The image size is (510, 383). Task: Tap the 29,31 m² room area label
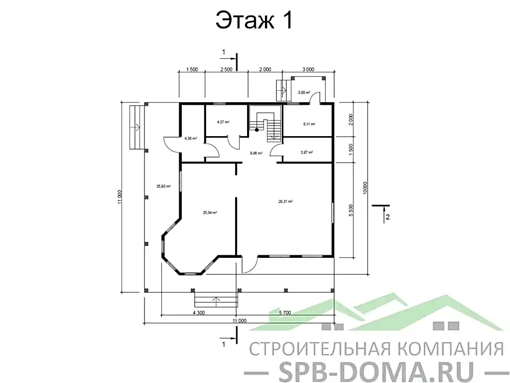(x=285, y=201)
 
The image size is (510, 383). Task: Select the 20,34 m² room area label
(x=210, y=212)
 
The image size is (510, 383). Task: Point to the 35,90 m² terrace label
(x=163, y=186)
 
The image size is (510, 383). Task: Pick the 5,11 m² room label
(x=309, y=124)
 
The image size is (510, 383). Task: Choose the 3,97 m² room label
(x=306, y=153)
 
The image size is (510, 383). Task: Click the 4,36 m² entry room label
(x=190, y=139)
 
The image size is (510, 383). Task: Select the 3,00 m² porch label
(x=304, y=93)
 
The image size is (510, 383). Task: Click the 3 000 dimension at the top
(x=308, y=69)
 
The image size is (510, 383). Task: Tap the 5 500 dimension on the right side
(x=351, y=210)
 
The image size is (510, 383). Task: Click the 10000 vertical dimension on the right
(x=365, y=187)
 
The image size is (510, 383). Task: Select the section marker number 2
(x=387, y=216)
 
